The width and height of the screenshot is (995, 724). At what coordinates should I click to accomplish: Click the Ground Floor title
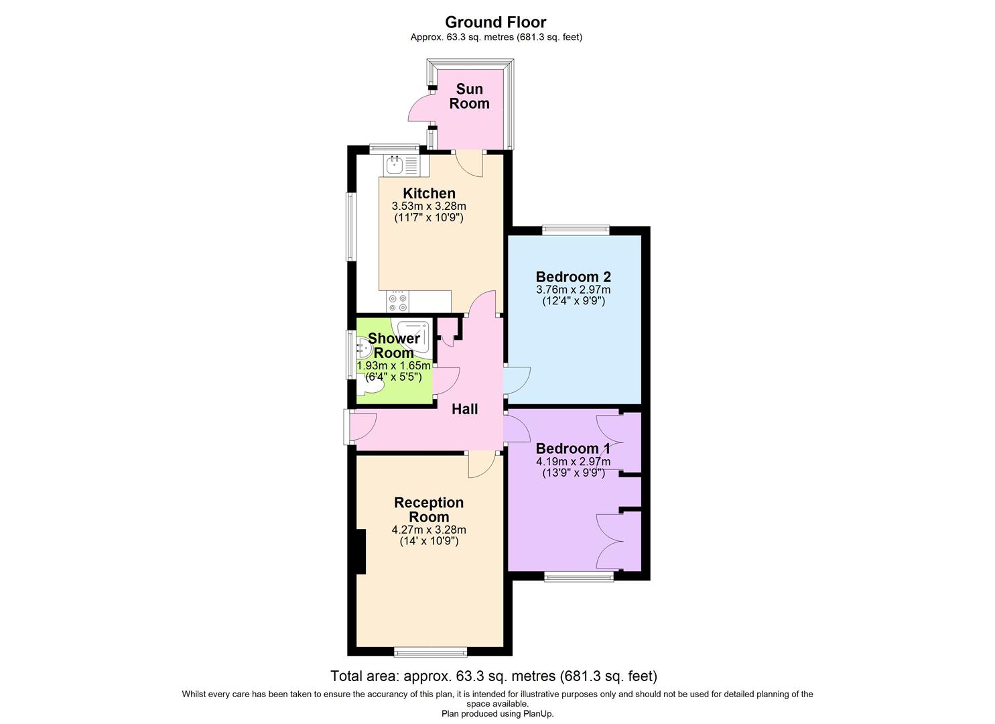point(496,22)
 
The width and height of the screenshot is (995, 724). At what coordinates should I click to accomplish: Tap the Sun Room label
point(469,96)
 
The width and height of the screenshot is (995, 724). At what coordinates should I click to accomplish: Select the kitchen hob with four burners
point(398,302)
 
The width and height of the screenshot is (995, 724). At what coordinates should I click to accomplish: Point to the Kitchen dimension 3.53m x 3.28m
point(429,206)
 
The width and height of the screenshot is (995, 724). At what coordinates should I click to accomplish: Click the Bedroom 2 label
point(573,276)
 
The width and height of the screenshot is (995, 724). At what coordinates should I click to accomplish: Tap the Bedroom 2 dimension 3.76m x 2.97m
point(573,290)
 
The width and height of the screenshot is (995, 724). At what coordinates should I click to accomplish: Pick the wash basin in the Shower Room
point(364,347)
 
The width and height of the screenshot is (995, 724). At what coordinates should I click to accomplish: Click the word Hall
point(464,409)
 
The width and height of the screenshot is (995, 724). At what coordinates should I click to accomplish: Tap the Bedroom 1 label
point(573,448)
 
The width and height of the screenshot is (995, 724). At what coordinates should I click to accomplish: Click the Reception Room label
point(429,509)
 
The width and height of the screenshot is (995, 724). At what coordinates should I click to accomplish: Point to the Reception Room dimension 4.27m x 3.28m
point(429,530)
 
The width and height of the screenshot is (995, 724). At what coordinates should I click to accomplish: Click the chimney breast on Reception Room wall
point(361,551)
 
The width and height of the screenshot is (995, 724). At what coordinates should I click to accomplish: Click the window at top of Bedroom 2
point(576,230)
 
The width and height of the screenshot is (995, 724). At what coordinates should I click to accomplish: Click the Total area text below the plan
point(494,676)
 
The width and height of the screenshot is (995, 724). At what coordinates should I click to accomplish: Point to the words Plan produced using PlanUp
point(497,714)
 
